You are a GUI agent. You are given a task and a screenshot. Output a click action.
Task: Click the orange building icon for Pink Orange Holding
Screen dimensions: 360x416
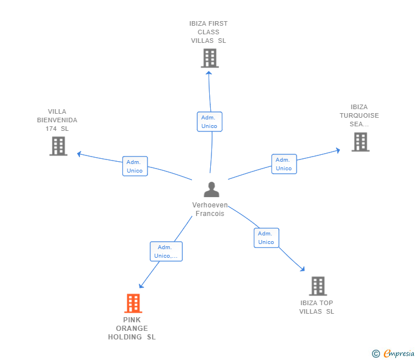(133, 303)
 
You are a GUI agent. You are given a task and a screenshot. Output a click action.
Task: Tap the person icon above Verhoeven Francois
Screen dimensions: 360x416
(211, 189)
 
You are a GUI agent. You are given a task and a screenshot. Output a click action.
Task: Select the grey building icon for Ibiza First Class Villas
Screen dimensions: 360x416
(210, 58)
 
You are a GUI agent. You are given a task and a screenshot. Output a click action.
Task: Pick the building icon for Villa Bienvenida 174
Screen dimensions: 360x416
(58, 146)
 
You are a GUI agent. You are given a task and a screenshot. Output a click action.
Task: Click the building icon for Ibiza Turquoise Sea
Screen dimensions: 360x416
(360, 142)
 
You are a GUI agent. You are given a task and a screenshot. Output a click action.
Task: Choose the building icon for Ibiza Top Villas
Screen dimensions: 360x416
(318, 286)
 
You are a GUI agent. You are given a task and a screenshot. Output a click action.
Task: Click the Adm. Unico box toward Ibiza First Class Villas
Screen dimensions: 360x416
(209, 122)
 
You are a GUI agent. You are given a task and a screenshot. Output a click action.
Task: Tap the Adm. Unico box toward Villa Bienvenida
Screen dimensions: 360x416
(135, 166)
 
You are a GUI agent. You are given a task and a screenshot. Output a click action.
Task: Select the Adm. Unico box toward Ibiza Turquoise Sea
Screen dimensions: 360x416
(283, 164)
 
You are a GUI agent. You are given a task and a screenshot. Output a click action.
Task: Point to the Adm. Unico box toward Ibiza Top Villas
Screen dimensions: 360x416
(266, 238)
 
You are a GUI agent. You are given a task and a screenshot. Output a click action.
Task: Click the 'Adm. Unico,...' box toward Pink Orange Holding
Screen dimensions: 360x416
(166, 251)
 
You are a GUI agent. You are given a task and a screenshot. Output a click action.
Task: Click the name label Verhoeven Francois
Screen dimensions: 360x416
(210, 209)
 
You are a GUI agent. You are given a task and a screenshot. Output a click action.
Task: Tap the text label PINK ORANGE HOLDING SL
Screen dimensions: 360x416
(132, 329)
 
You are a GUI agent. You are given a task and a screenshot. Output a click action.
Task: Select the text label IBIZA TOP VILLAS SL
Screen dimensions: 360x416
(317, 307)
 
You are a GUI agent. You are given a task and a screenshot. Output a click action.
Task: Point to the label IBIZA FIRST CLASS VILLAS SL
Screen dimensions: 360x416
(209, 32)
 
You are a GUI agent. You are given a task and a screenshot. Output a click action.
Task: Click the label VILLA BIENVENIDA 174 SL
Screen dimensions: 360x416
(57, 120)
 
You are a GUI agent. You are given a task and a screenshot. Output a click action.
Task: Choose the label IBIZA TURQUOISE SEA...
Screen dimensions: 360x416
(359, 115)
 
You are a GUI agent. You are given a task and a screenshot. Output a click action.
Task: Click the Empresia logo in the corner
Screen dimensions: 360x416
(399, 354)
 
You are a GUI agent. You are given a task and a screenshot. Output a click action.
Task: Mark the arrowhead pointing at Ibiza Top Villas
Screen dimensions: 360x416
(302, 269)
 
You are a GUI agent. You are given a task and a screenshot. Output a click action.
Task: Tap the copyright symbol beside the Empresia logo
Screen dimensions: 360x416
(375, 354)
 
